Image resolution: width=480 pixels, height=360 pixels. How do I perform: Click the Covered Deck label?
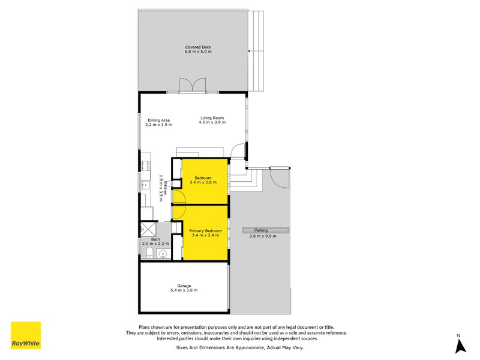pos(198,47)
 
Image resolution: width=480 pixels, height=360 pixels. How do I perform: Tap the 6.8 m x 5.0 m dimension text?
pos(198,52)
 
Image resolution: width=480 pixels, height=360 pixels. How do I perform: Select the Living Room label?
pos(212,118)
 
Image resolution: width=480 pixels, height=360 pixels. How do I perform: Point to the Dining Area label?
pos(159,120)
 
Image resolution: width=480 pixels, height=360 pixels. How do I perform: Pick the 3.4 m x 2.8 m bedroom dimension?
pos(203,182)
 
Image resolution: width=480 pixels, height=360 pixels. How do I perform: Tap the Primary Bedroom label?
pos(205,231)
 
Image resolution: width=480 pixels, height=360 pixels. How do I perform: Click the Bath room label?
pos(155,239)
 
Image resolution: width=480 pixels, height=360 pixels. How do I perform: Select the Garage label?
pos(184,286)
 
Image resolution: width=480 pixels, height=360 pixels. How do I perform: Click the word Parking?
pos(261,230)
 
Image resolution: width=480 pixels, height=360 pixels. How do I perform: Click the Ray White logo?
pos(26,335)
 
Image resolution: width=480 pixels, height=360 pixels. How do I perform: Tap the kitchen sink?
pos(145,187)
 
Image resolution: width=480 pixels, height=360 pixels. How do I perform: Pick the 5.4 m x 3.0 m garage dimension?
pos(184,290)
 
